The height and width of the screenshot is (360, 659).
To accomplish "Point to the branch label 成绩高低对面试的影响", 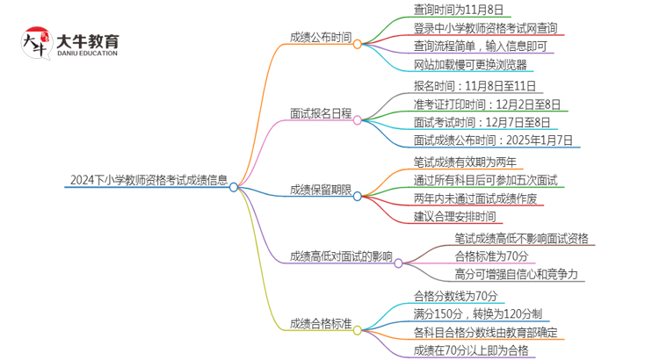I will coord(341,256).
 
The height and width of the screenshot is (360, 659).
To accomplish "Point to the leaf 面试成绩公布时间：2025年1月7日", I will coord(493,140).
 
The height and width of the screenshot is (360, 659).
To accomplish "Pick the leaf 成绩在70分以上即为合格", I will coord(471,350).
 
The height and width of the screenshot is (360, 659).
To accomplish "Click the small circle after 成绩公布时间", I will coord(358,43).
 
